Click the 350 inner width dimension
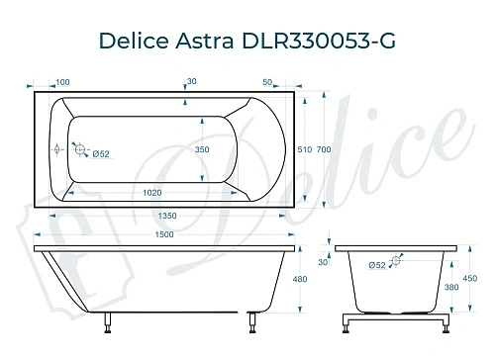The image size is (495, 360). (x=201, y=147)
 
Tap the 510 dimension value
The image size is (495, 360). (x=305, y=148)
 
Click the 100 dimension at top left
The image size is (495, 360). (x=62, y=82)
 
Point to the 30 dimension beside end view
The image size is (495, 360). (x=322, y=262)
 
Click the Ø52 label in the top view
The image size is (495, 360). (x=98, y=152)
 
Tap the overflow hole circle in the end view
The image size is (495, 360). (x=396, y=261)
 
